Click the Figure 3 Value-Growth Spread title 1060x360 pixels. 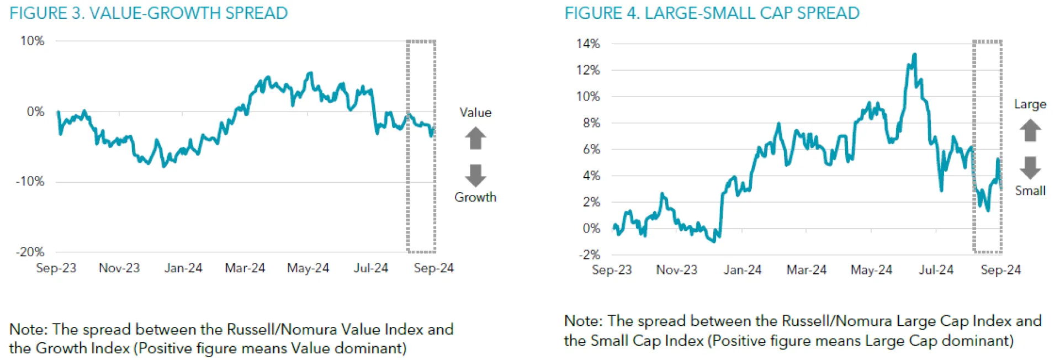pos(149,13)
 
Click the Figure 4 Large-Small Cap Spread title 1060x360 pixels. pos(712,13)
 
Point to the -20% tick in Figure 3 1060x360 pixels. pos(30,252)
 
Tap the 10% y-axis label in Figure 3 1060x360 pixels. pos(32,41)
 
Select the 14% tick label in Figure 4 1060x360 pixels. pos(588,44)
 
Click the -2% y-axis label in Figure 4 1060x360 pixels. pos(589,255)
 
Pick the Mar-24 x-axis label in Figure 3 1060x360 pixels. pos(245,268)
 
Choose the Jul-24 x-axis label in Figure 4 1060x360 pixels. pos(936,270)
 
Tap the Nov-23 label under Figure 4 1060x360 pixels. pos(676,270)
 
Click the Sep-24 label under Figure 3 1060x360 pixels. pos(433,268)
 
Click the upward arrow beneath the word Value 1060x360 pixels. pos(475,138)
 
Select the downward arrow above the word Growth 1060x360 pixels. pos(475,175)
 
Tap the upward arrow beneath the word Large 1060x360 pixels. pos(1030,131)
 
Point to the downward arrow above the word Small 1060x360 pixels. pos(1030,167)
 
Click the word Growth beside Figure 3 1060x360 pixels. pos(475,197)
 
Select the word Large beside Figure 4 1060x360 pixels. pos(1030,104)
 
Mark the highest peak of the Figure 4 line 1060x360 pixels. pos(915,54)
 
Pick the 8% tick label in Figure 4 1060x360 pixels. pos(591,123)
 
